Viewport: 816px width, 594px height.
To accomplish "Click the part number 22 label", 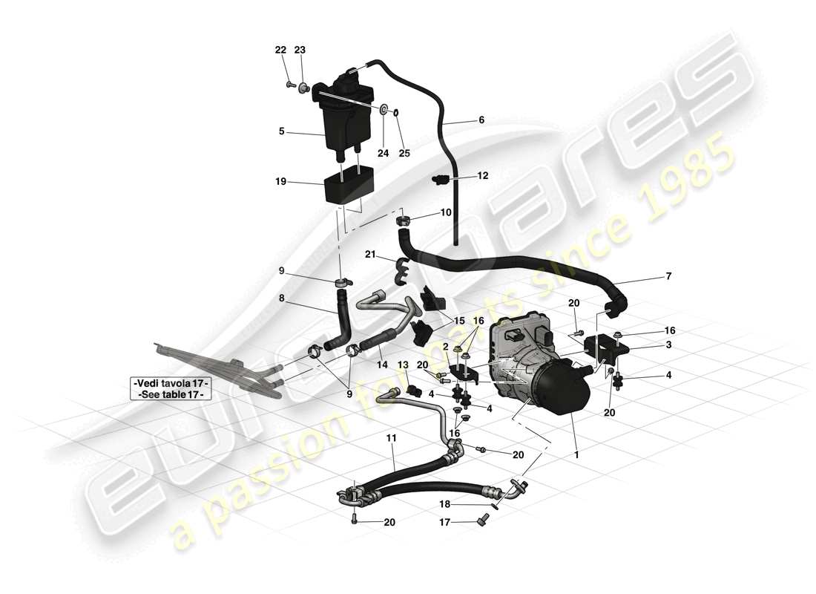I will (x=280, y=50).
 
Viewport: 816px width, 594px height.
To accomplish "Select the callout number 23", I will (x=299, y=50).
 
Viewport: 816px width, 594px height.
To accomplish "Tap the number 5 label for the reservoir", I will (x=282, y=131).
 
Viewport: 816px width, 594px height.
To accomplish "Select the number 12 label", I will (x=483, y=176).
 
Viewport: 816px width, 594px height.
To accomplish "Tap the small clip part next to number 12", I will (x=441, y=179).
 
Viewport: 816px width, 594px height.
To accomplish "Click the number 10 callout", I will (x=446, y=212).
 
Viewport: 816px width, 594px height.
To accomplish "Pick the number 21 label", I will (x=370, y=254).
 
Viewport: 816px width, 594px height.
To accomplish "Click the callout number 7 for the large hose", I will (x=668, y=276).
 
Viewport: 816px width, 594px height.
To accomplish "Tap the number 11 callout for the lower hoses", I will (x=390, y=439).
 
